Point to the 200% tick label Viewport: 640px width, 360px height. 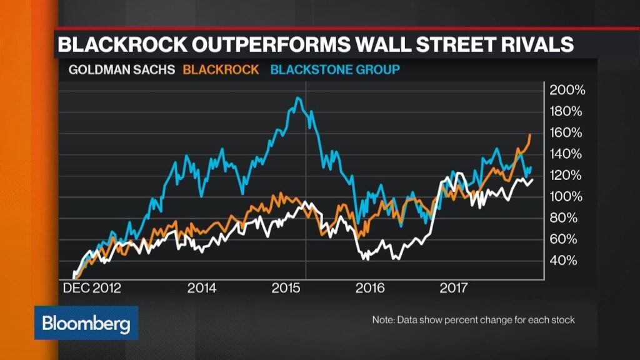[567, 90]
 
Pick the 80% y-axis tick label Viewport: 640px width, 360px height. [564, 217]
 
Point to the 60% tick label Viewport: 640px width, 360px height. [564, 239]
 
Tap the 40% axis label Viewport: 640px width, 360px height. [564, 260]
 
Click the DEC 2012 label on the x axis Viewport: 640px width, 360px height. [92, 288]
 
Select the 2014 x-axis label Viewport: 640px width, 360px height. [202, 288]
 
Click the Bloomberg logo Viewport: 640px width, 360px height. [86, 323]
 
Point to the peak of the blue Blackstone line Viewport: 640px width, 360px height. [298, 98]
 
